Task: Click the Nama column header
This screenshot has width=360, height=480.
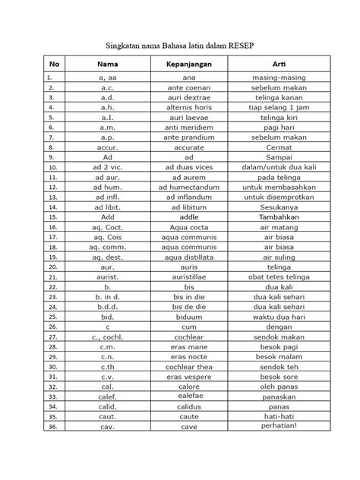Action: click(x=109, y=65)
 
